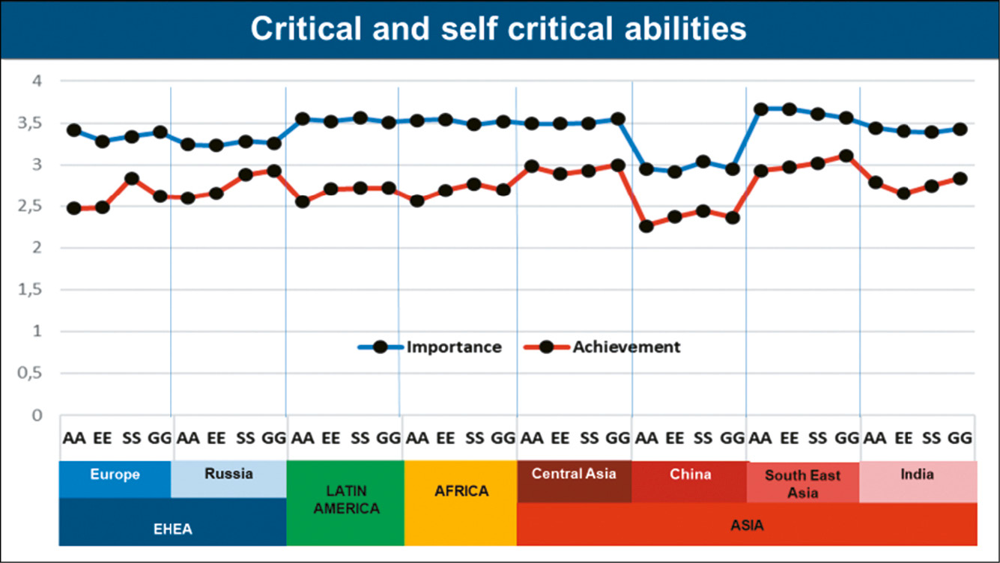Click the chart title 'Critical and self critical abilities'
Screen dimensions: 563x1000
(498, 29)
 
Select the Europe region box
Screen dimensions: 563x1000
(115, 475)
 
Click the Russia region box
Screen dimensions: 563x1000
(228, 474)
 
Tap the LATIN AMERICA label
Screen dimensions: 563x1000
(346, 499)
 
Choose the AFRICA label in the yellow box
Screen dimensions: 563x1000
(461, 492)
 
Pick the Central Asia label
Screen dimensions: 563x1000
(574, 473)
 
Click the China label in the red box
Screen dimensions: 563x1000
(690, 474)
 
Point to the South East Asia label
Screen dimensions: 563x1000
(802, 484)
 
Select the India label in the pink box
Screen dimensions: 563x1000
(918, 474)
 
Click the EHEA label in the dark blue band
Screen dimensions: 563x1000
(172, 529)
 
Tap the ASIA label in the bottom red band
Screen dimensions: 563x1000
(747, 525)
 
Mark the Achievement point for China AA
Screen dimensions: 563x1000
(646, 226)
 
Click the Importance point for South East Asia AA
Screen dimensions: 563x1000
(761, 109)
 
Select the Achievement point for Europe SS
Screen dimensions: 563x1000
(132, 179)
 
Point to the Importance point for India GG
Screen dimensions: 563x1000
(960, 130)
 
